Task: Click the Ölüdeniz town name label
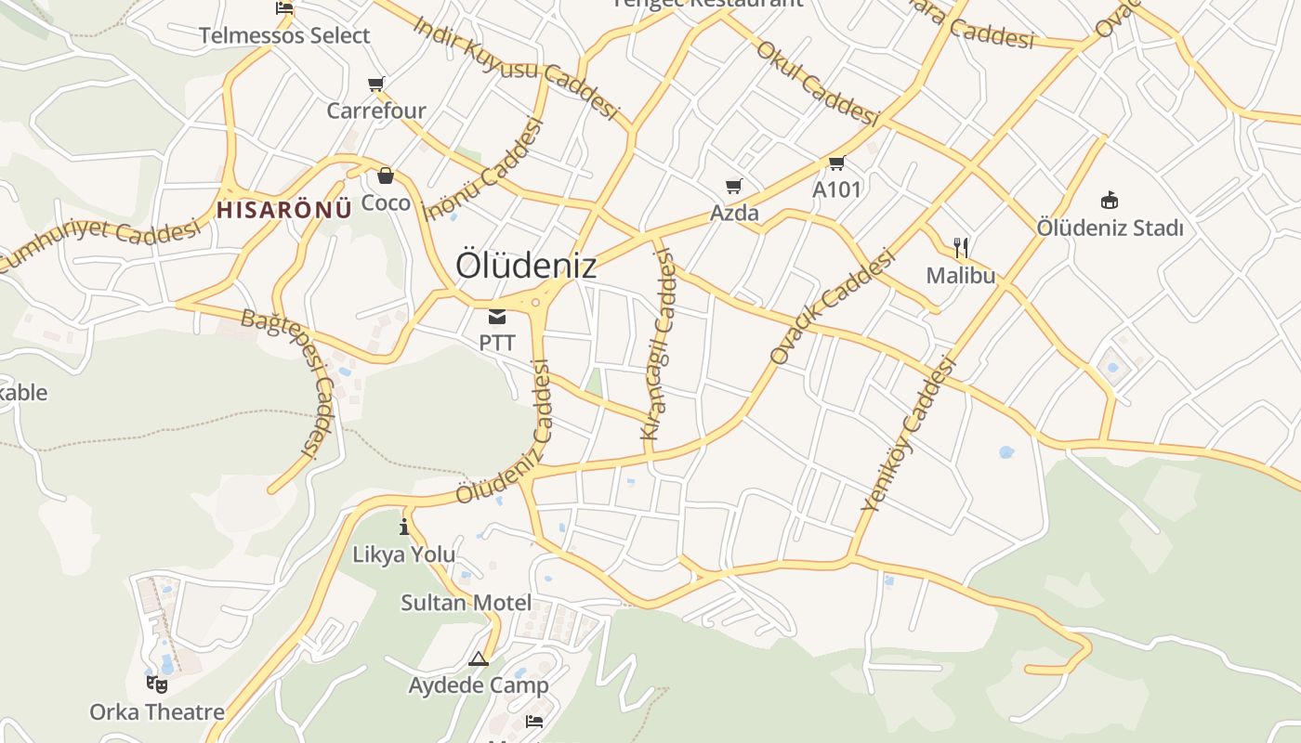pos(526,266)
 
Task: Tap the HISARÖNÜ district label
pos(284,209)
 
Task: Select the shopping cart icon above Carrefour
pos(376,85)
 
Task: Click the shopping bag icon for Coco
pos(385,176)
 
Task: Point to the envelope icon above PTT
pos(497,317)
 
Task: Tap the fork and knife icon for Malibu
pos(961,248)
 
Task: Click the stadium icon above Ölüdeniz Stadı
pos(1109,200)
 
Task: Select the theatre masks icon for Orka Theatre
pos(157,684)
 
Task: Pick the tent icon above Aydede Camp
pos(479,659)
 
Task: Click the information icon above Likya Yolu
pos(403,528)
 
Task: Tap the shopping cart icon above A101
pos(836,163)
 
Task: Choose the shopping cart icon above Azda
pos(734,186)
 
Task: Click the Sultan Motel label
pos(467,603)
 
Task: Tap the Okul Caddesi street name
pos(818,83)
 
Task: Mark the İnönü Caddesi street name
pos(482,170)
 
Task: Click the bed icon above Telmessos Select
pos(284,8)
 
